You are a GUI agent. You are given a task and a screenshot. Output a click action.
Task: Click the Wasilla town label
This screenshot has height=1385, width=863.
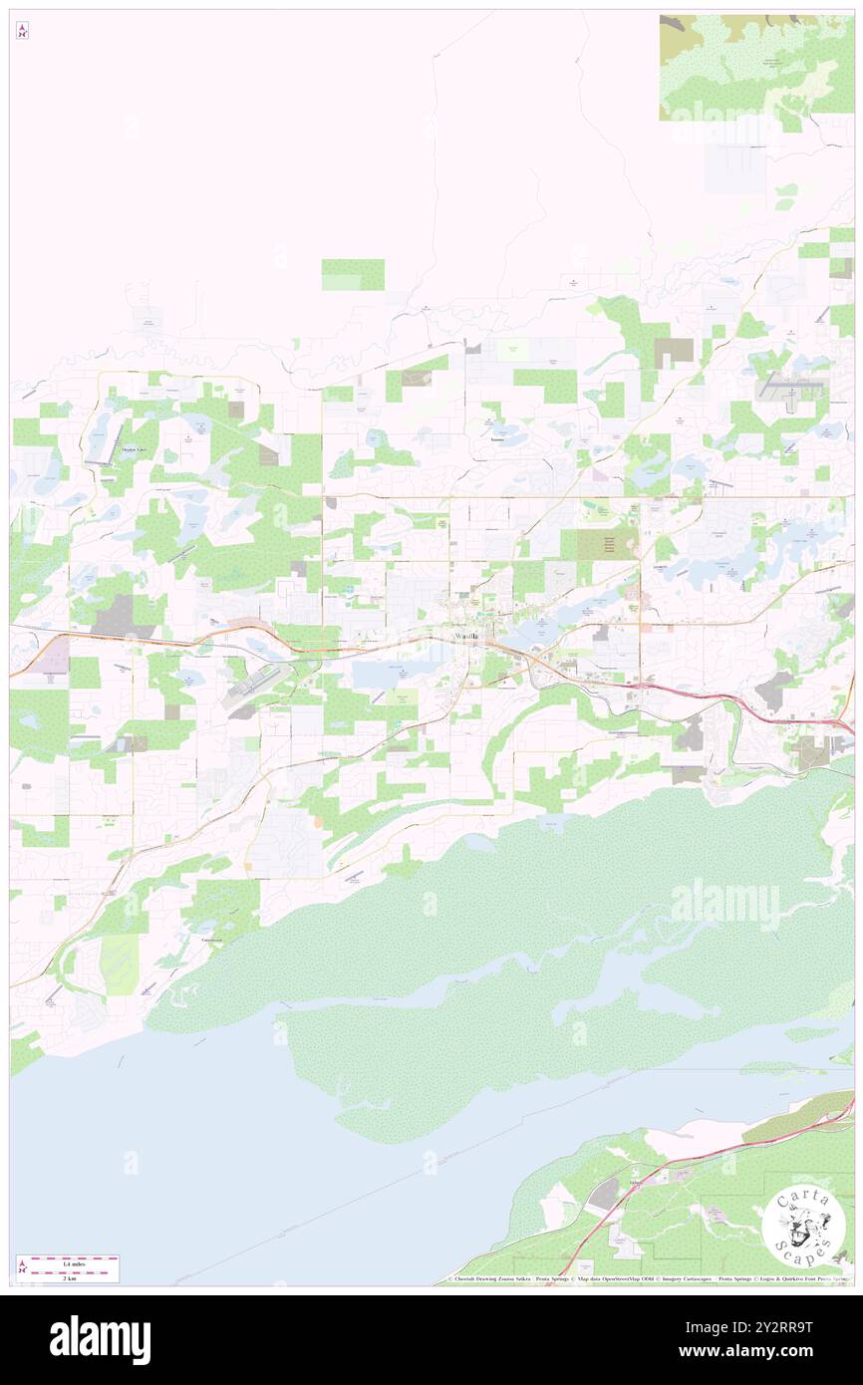point(465,636)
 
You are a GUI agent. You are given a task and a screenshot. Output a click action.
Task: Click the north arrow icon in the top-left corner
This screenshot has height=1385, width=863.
point(22,31)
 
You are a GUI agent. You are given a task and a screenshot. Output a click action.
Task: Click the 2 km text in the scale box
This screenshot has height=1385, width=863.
point(70,1276)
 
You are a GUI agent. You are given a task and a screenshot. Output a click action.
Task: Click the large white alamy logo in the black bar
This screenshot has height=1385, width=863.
point(100,1340)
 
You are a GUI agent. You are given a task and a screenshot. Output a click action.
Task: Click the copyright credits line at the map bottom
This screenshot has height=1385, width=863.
point(648,1279)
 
